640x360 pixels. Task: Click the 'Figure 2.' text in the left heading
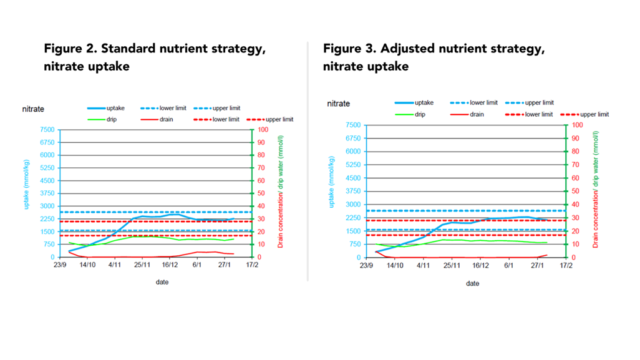(x=70, y=49)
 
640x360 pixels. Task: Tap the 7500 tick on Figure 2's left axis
(x=47, y=130)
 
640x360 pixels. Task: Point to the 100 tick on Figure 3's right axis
(x=577, y=125)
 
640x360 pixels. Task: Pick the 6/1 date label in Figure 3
(x=509, y=265)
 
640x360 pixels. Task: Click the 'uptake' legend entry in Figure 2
(x=115, y=108)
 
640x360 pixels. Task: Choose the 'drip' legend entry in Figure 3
(x=420, y=115)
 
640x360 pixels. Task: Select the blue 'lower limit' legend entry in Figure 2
(x=173, y=108)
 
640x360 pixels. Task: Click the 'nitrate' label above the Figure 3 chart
(x=338, y=104)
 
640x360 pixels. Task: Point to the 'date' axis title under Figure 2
(x=162, y=282)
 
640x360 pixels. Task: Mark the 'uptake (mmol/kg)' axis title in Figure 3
(x=332, y=182)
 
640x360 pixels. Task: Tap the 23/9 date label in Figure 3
(x=366, y=265)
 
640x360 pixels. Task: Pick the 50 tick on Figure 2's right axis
(x=261, y=193)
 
